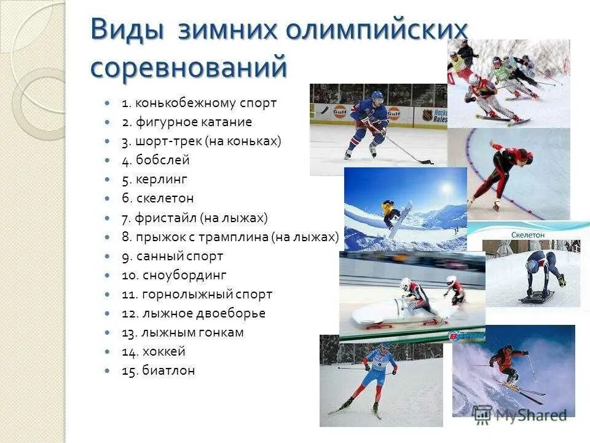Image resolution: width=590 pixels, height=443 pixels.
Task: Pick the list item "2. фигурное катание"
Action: click(186, 122)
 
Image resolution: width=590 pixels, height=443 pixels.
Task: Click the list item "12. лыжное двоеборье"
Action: click(193, 313)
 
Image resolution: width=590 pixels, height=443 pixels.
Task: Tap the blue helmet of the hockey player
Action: click(377, 97)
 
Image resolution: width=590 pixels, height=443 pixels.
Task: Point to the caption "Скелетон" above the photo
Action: click(526, 234)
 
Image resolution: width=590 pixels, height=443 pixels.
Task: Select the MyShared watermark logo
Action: click(519, 415)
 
